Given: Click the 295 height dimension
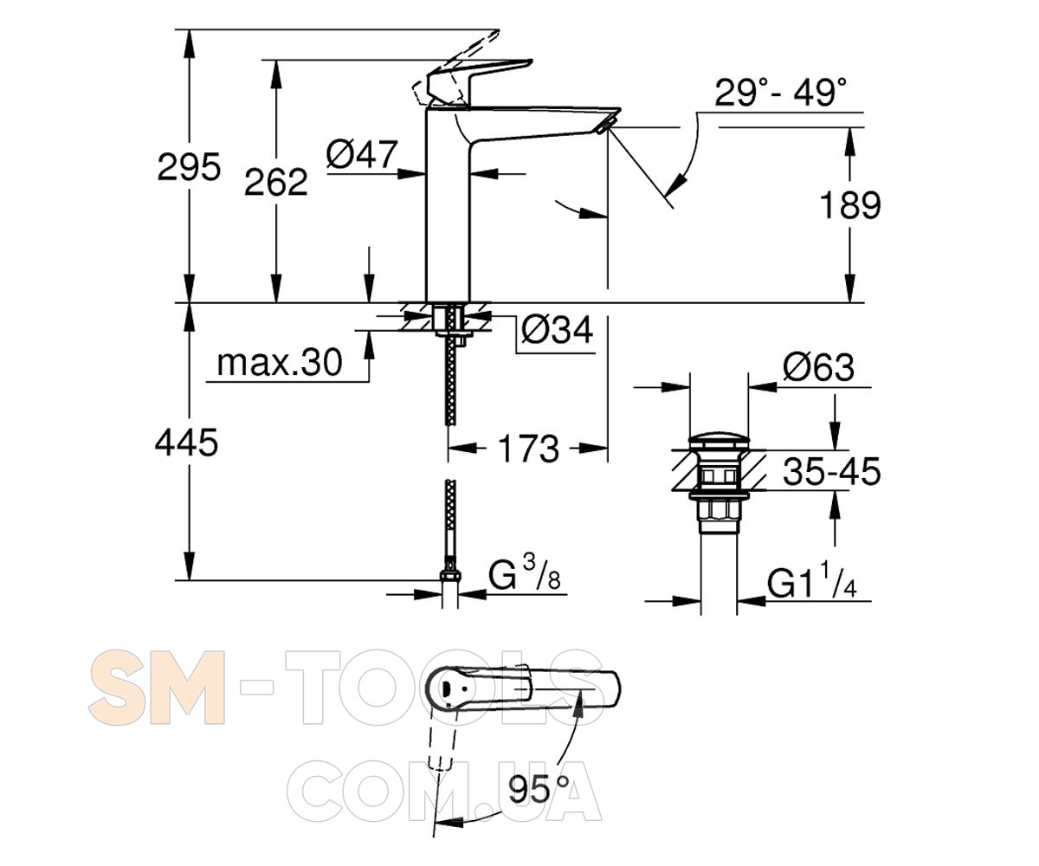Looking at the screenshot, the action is (x=189, y=167).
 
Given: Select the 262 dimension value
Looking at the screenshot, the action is (x=275, y=182).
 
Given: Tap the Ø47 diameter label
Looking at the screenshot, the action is (x=362, y=154).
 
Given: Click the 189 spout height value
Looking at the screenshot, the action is (x=850, y=205).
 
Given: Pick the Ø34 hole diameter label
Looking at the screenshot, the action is (x=558, y=329).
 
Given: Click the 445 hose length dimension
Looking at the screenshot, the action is (x=187, y=443).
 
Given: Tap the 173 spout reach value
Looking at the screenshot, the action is (x=528, y=449).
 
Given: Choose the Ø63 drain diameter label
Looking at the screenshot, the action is (x=818, y=367).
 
